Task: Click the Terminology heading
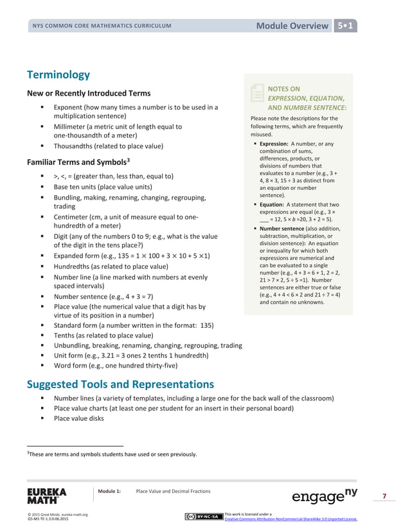(x=58, y=74)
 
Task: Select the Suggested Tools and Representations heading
(x=120, y=384)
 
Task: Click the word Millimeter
(x=73, y=127)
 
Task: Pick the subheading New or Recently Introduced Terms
(x=89, y=93)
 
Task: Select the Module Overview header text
(x=292, y=26)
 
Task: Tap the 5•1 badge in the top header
(x=347, y=26)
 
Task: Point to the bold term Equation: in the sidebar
(x=274, y=205)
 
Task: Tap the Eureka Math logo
(x=46, y=495)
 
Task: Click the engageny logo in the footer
(x=325, y=496)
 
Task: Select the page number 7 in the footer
(x=384, y=496)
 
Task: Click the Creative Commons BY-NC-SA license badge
(x=203, y=517)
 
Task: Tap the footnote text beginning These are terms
(x=113, y=454)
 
